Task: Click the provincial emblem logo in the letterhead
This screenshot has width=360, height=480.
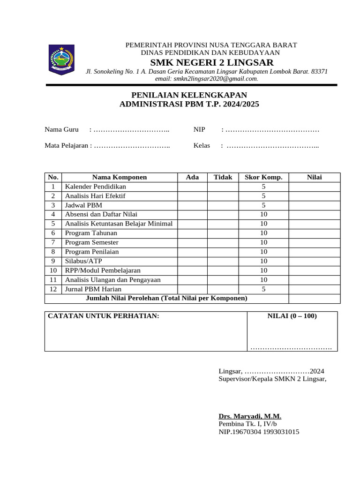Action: pos(61,59)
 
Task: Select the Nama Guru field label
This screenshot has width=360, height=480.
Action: pos(61,129)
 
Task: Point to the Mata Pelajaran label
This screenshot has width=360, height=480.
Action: pos(67,146)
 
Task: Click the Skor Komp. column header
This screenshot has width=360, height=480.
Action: pos(263,177)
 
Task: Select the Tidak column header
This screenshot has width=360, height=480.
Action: pos(223,177)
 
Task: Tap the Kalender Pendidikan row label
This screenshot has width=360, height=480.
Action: pos(96,187)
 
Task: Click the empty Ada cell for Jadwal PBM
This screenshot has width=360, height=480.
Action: pos(192,205)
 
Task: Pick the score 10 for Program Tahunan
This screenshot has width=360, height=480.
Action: pos(263,233)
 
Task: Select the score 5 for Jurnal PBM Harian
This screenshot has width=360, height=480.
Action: pos(263,289)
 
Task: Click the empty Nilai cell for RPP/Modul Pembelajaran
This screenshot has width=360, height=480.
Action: pos(314,270)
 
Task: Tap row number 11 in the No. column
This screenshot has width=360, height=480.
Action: pos(53,280)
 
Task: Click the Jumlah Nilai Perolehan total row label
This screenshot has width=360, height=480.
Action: pos(166,298)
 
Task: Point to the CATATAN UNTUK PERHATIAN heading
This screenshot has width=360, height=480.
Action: pos(104,316)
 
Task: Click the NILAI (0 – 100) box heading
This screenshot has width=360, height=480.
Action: pos(292,316)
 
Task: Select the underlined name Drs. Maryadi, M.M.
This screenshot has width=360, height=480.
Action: pos(250,416)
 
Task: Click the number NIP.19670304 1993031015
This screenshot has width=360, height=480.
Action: pos(259,432)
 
